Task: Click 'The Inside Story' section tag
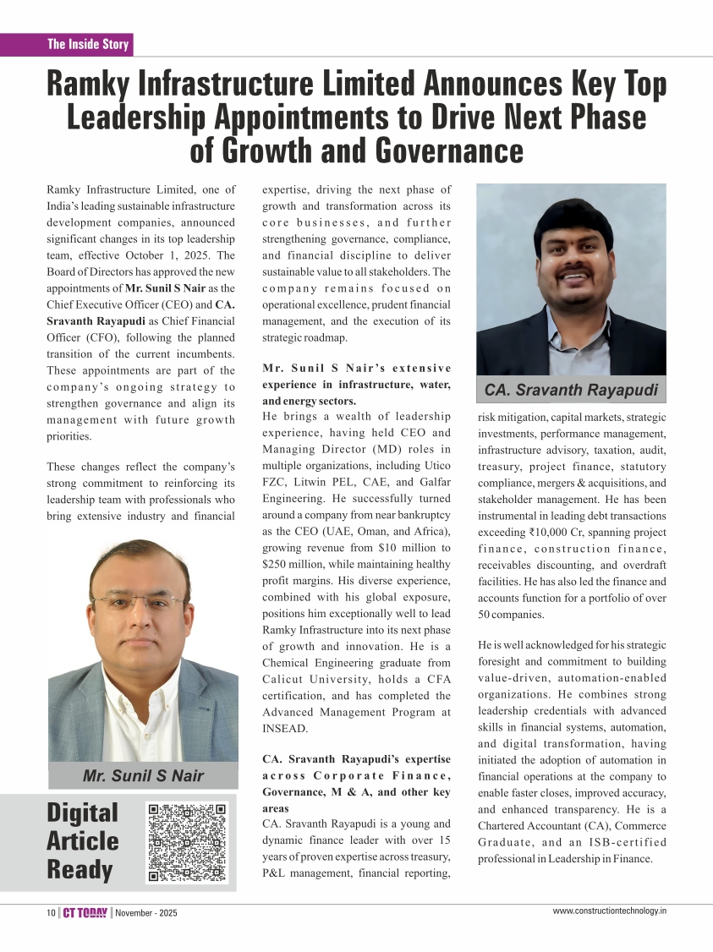pyautogui.click(x=88, y=44)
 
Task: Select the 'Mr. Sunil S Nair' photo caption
pyautogui.click(x=143, y=776)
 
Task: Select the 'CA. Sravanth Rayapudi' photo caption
pyautogui.click(x=570, y=390)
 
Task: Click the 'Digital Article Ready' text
pyautogui.click(x=83, y=841)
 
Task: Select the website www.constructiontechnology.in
pyautogui.click(x=609, y=911)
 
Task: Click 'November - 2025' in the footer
pyautogui.click(x=146, y=913)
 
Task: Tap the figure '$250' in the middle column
pyautogui.click(x=277, y=564)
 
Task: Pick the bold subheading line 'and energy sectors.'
pyautogui.click(x=309, y=401)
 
